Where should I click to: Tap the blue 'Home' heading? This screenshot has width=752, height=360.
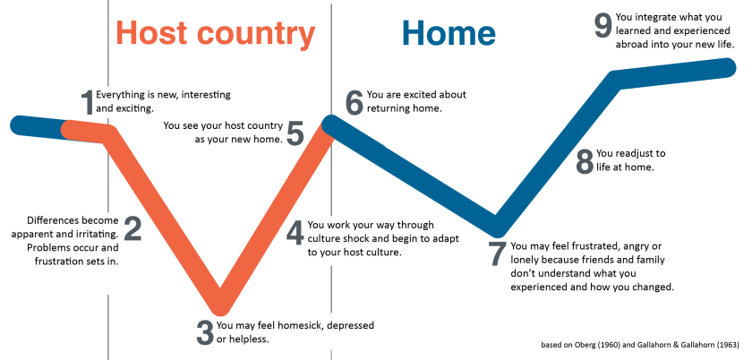click(449, 33)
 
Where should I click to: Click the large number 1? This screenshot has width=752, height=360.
click(88, 103)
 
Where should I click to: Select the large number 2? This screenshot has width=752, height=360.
click(132, 228)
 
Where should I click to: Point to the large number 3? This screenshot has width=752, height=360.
click(205, 332)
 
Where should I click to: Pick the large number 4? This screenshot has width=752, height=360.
click(295, 233)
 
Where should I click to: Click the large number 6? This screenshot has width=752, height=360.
click(355, 103)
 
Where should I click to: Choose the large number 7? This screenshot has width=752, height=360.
click(499, 254)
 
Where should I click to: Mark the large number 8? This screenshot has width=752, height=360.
click(585, 162)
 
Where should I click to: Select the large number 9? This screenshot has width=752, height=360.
click(603, 25)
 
